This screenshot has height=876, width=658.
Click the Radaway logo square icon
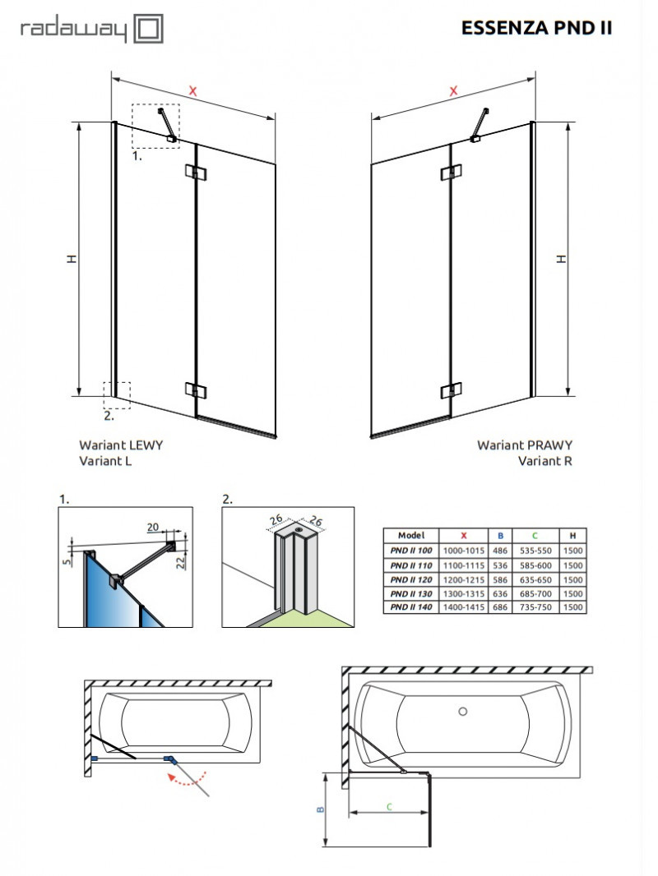coord(149,30)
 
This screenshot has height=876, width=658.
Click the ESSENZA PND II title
coord(537,28)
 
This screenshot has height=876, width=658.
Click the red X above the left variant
coord(192,91)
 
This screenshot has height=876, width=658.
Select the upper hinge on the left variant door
coord(196,172)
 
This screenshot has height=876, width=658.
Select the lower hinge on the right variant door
coord(449,391)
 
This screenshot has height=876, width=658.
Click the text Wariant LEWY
coord(121,445)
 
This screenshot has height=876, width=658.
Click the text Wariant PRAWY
coord(525,445)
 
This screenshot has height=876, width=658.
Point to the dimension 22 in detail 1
coord(188,560)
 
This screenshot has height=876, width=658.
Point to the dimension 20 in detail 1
coord(152,528)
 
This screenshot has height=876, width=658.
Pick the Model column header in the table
coord(411,534)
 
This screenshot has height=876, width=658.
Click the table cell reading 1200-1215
coord(463,579)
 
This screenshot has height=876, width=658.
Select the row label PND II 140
coord(411,606)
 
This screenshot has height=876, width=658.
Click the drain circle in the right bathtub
coord(462,711)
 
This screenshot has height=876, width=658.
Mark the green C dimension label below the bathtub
coord(387,807)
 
